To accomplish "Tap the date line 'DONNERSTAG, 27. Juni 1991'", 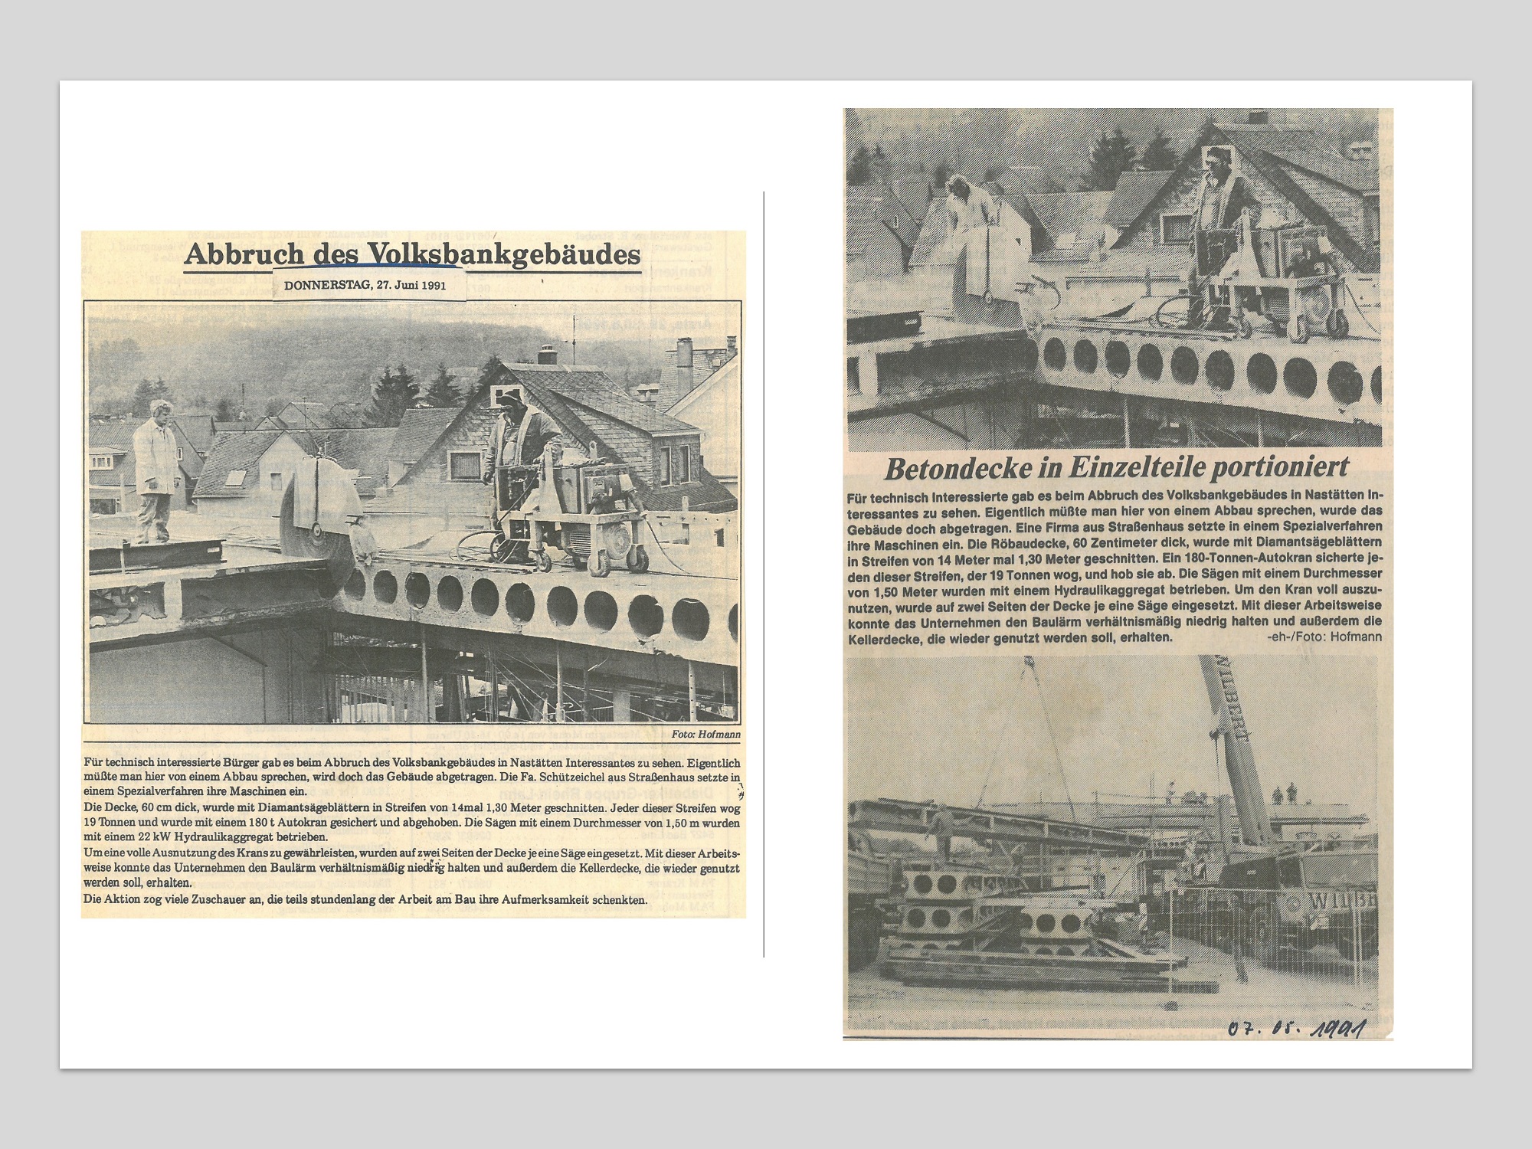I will (364, 286).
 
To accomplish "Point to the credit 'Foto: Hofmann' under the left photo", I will (705, 734).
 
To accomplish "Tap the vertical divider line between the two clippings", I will (764, 574).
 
